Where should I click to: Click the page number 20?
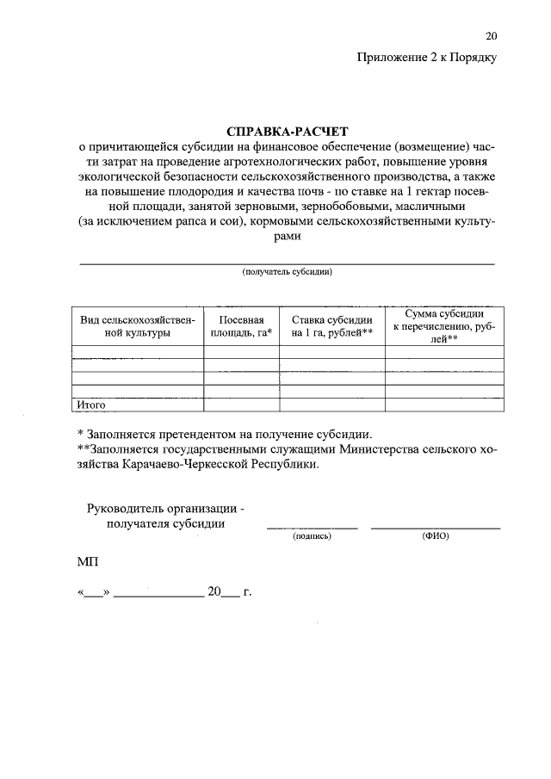click(x=491, y=36)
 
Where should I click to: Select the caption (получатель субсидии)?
click(x=288, y=272)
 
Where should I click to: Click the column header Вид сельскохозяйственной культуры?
click(x=138, y=325)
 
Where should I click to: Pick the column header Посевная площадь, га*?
click(x=241, y=325)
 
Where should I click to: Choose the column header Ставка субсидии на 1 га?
click(x=331, y=325)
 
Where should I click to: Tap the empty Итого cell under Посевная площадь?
click(x=241, y=404)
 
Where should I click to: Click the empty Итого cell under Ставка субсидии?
click(x=331, y=404)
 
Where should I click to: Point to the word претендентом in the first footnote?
click(x=197, y=433)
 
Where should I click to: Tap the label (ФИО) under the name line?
click(x=436, y=535)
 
